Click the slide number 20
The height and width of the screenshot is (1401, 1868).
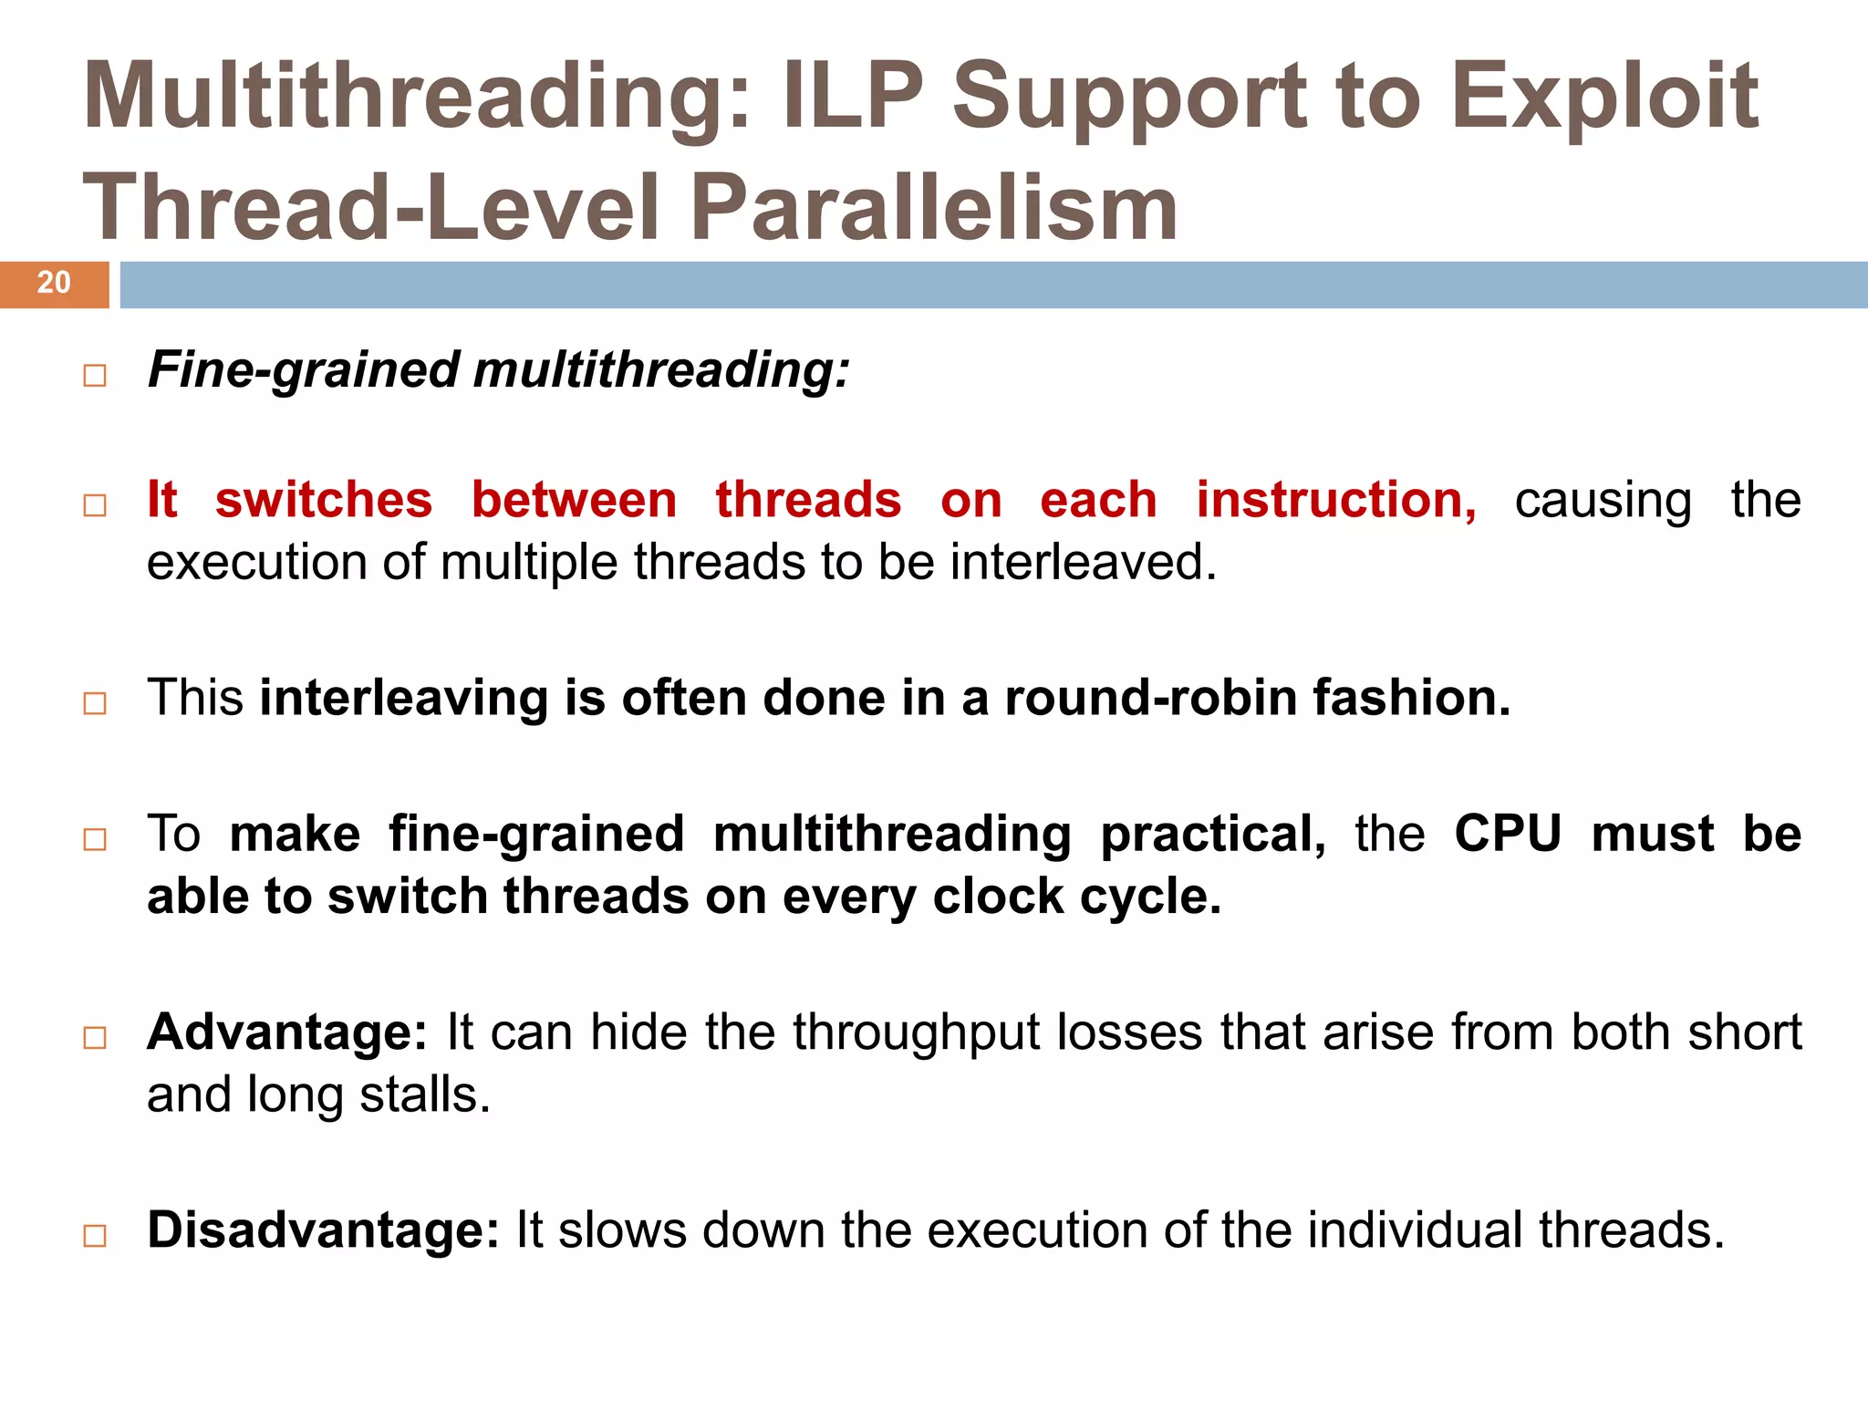coord(54,283)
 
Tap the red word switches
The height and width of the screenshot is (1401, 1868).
coord(324,500)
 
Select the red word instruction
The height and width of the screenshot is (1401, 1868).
coord(1335,500)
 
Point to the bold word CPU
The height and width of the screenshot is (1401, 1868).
coord(1507,834)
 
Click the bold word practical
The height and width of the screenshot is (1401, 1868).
coord(1213,834)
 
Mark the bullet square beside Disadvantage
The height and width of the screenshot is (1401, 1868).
coord(95,1236)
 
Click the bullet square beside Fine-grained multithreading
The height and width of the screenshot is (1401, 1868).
coord(95,376)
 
